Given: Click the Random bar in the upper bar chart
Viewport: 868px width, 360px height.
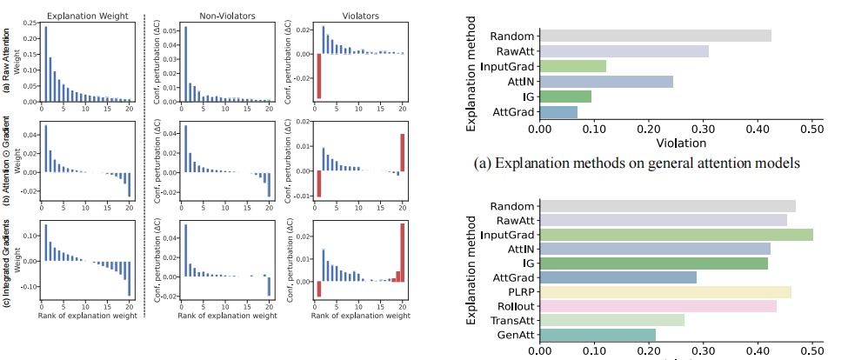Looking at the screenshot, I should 655,36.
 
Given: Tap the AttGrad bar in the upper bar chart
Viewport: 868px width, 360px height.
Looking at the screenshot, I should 558,112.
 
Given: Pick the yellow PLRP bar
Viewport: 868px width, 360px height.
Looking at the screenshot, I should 665,292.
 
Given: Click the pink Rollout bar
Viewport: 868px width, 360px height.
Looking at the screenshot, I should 658,306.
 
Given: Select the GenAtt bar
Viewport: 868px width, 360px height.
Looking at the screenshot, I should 598,335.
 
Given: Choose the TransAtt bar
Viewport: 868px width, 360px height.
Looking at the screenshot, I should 611,320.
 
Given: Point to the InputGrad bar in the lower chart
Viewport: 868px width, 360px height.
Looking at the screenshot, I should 676,235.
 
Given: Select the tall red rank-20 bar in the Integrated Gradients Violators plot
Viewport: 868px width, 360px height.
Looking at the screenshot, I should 403,253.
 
